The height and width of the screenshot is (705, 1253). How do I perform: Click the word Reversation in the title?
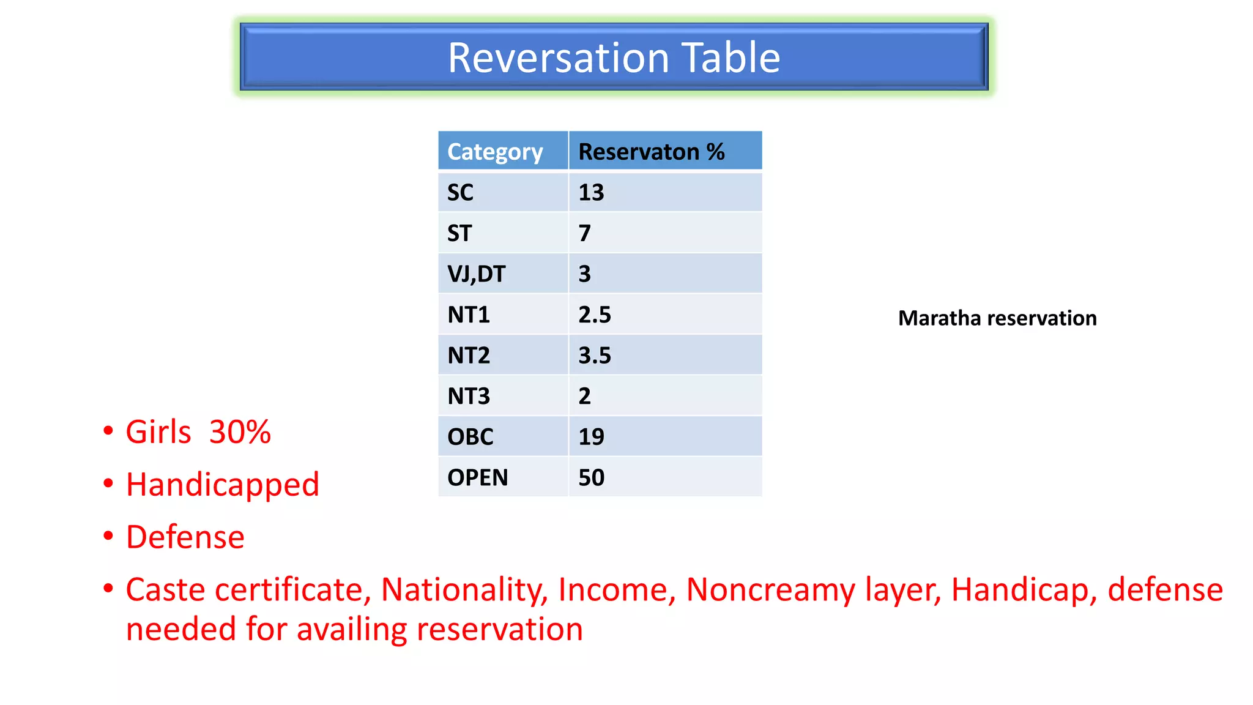pyautogui.click(x=558, y=58)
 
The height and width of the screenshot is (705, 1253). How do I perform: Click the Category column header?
pyautogui.click(x=494, y=152)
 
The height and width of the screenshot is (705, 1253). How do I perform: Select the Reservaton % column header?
pyautogui.click(x=651, y=152)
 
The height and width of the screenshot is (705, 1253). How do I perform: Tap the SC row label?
pyautogui.click(x=460, y=193)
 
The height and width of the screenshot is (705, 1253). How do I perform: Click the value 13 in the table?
pyautogui.click(x=591, y=193)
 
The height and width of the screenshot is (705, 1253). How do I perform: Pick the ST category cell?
pyautogui.click(x=459, y=233)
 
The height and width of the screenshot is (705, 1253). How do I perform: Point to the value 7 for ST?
pyautogui.click(x=585, y=233)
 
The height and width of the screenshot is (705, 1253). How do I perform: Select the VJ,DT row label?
pyautogui.click(x=476, y=274)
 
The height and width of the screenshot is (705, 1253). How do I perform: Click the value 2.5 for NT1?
pyautogui.click(x=594, y=315)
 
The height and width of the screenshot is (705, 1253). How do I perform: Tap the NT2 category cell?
pyautogui.click(x=469, y=356)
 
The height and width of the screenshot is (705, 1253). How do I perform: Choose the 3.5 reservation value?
pyautogui.click(x=594, y=356)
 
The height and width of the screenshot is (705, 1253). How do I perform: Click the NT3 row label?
pyautogui.click(x=469, y=396)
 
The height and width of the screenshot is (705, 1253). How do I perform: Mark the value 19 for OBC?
pyautogui.click(x=591, y=437)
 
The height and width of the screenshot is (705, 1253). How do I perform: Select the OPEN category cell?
pyautogui.click(x=477, y=477)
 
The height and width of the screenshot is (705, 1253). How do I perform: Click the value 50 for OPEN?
pyautogui.click(x=591, y=477)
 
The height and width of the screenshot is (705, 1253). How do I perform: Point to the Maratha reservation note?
pyautogui.click(x=997, y=318)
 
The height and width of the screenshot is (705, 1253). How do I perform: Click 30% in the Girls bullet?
pyautogui.click(x=240, y=432)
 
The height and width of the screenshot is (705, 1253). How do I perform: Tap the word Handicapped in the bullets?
pyautogui.click(x=222, y=485)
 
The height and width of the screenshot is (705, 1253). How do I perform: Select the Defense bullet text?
pyautogui.click(x=185, y=537)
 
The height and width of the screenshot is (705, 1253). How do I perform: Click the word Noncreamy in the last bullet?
pyautogui.click(x=770, y=590)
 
